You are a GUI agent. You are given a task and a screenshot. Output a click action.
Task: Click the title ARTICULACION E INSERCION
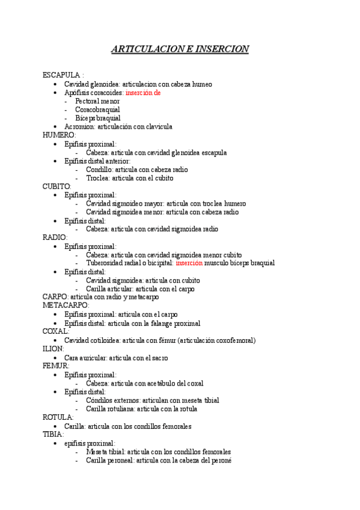(180, 49)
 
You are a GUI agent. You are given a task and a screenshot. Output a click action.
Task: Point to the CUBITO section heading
(56, 186)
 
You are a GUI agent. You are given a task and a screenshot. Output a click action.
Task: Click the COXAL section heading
(56, 331)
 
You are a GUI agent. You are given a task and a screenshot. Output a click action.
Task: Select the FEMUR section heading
(56, 366)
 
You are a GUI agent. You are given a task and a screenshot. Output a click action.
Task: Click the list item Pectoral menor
(97, 101)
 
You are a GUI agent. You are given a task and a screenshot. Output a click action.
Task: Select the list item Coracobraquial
(97, 109)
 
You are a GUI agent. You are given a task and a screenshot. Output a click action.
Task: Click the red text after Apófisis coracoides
(143, 93)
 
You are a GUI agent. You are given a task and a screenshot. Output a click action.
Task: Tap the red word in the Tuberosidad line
(189, 263)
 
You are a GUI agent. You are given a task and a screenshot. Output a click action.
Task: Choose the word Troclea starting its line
(98, 178)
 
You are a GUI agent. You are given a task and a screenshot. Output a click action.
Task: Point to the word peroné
(221, 460)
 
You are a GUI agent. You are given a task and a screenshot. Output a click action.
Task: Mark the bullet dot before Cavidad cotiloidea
(55, 340)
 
